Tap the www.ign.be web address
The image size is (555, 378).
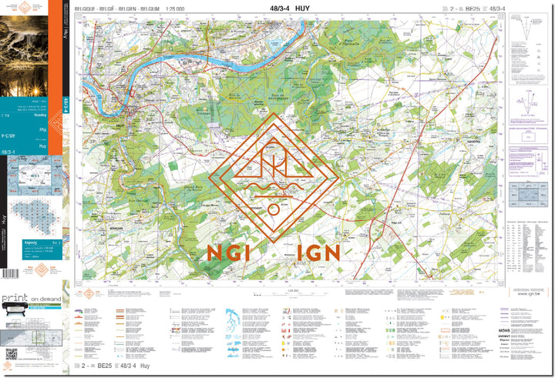(x=528, y=293)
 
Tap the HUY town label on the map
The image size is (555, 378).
(x=119, y=110)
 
